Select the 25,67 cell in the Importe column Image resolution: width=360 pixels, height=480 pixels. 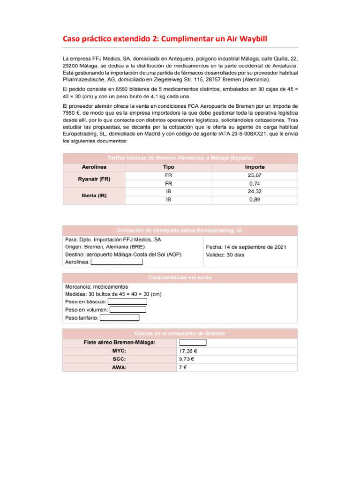click(255, 175)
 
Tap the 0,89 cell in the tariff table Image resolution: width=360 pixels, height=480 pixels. click(255, 200)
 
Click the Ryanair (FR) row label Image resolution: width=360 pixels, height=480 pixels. click(94, 179)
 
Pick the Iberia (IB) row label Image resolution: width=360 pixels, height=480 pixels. click(94, 195)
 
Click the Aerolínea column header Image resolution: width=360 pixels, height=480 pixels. click(94, 167)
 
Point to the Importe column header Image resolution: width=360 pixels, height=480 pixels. click(255, 167)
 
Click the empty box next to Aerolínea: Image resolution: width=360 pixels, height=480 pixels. click(116, 262)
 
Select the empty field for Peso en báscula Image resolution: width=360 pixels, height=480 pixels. click(127, 301)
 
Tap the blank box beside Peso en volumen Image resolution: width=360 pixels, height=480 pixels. click(127, 309)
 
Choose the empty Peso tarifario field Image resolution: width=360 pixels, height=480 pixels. click(119, 318)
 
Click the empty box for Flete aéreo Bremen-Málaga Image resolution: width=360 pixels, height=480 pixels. click(192, 342)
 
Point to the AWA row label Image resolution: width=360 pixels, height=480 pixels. click(119, 367)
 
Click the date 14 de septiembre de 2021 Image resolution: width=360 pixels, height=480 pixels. click(255, 247)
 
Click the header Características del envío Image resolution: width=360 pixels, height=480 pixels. click(180, 277)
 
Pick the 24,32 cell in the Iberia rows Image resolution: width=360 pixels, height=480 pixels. click(255, 192)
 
